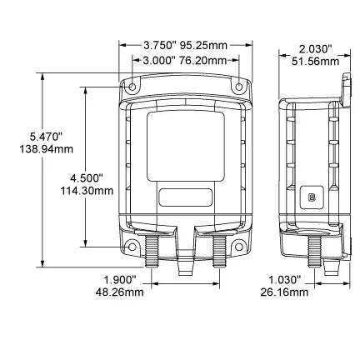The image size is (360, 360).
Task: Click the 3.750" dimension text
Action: point(159,45)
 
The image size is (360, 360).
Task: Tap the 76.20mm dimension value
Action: point(203,61)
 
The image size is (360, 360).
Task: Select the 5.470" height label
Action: point(46,137)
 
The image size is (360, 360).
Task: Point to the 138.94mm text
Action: point(47,149)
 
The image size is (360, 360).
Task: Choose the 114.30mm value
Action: point(87,191)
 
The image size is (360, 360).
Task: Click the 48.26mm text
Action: point(120,292)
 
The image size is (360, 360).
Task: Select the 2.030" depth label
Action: point(316,49)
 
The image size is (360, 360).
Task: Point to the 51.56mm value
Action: point(316,62)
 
